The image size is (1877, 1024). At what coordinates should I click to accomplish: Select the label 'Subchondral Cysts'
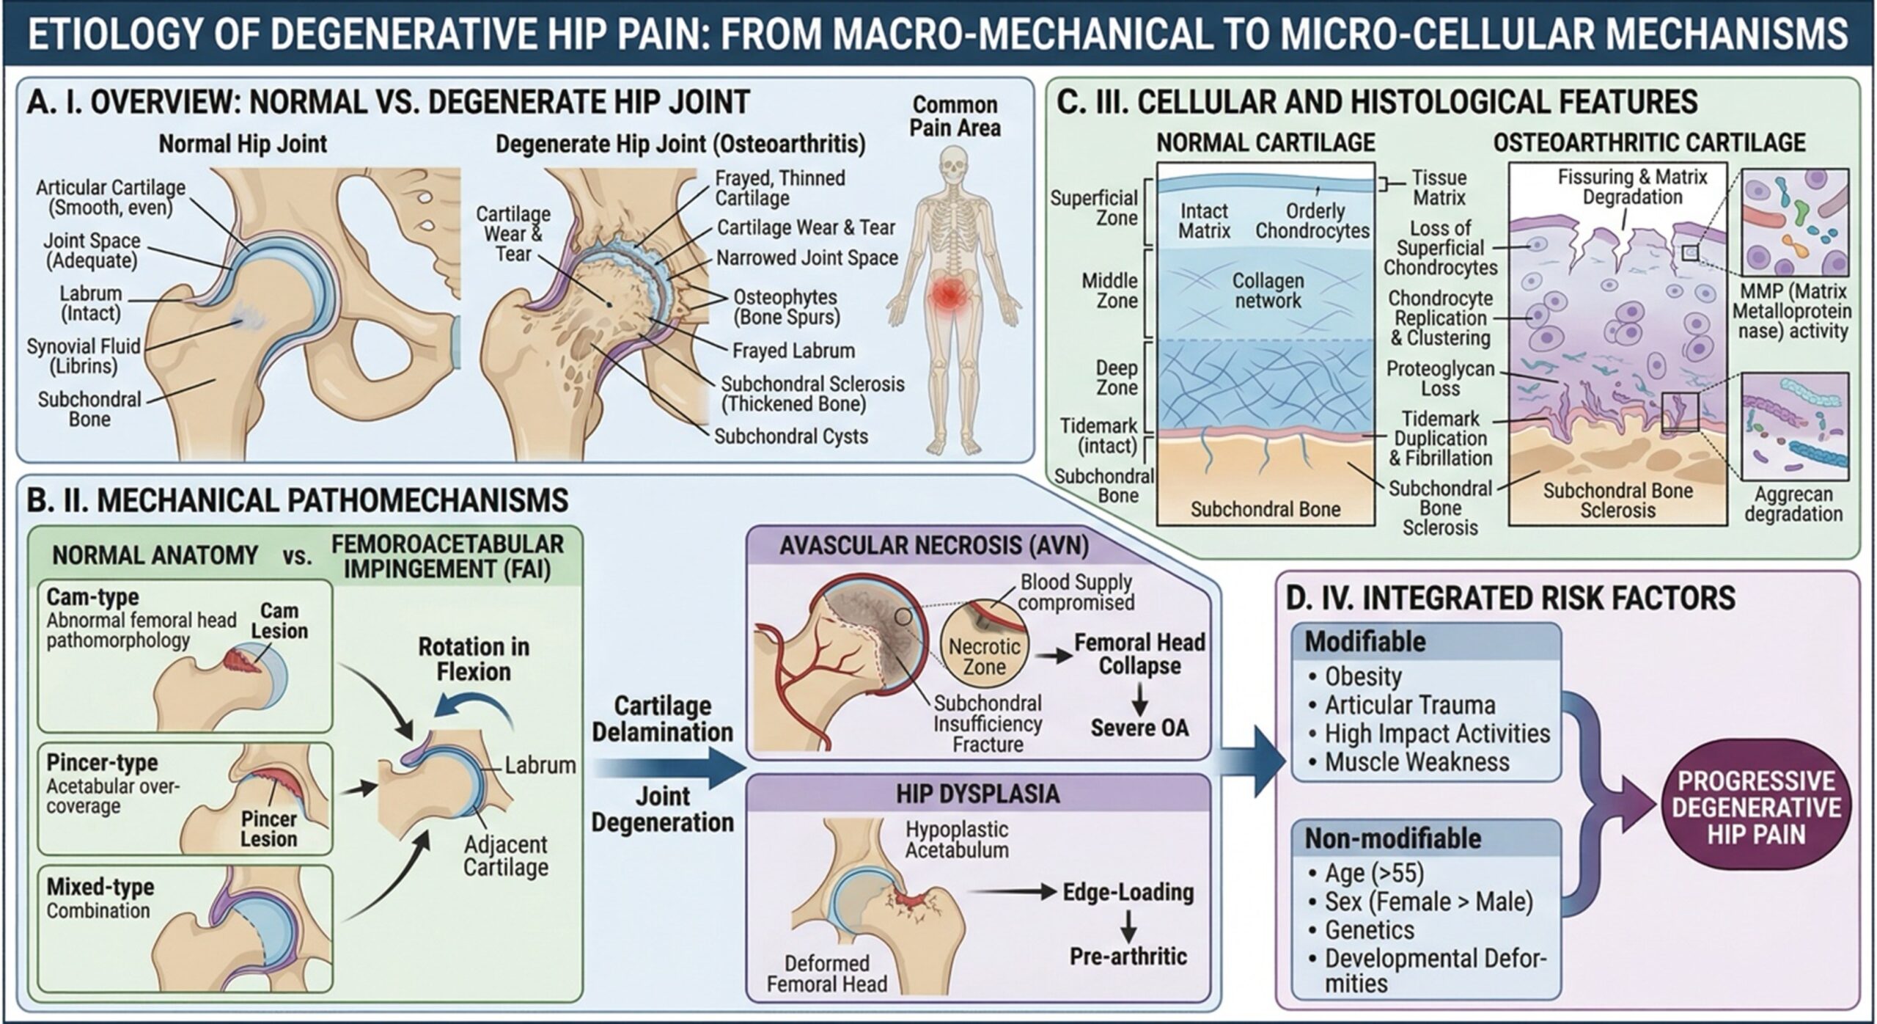(790, 436)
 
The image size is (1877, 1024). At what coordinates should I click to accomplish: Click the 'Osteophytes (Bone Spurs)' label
(786, 307)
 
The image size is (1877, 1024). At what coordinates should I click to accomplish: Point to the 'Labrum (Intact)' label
(90, 304)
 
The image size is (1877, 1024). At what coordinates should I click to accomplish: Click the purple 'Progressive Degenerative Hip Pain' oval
(1756, 808)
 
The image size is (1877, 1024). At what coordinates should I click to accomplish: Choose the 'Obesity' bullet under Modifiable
(1362, 676)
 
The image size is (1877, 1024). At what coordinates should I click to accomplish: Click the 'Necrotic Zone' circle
(984, 657)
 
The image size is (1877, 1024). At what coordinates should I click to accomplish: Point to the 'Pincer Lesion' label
(268, 829)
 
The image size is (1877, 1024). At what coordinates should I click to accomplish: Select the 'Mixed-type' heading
(100, 887)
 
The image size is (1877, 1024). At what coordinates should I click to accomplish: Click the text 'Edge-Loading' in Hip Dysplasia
(1128, 892)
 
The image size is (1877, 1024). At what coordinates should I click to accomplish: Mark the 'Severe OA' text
(1139, 728)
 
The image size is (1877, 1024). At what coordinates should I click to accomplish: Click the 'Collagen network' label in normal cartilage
(1267, 290)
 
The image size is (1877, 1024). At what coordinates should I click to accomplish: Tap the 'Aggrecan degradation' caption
(1793, 504)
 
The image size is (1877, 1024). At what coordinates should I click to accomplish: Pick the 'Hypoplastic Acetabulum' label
(956, 839)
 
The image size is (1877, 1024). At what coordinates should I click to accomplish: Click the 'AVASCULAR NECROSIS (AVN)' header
(933, 546)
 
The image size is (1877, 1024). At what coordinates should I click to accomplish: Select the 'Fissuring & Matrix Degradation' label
(1632, 187)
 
